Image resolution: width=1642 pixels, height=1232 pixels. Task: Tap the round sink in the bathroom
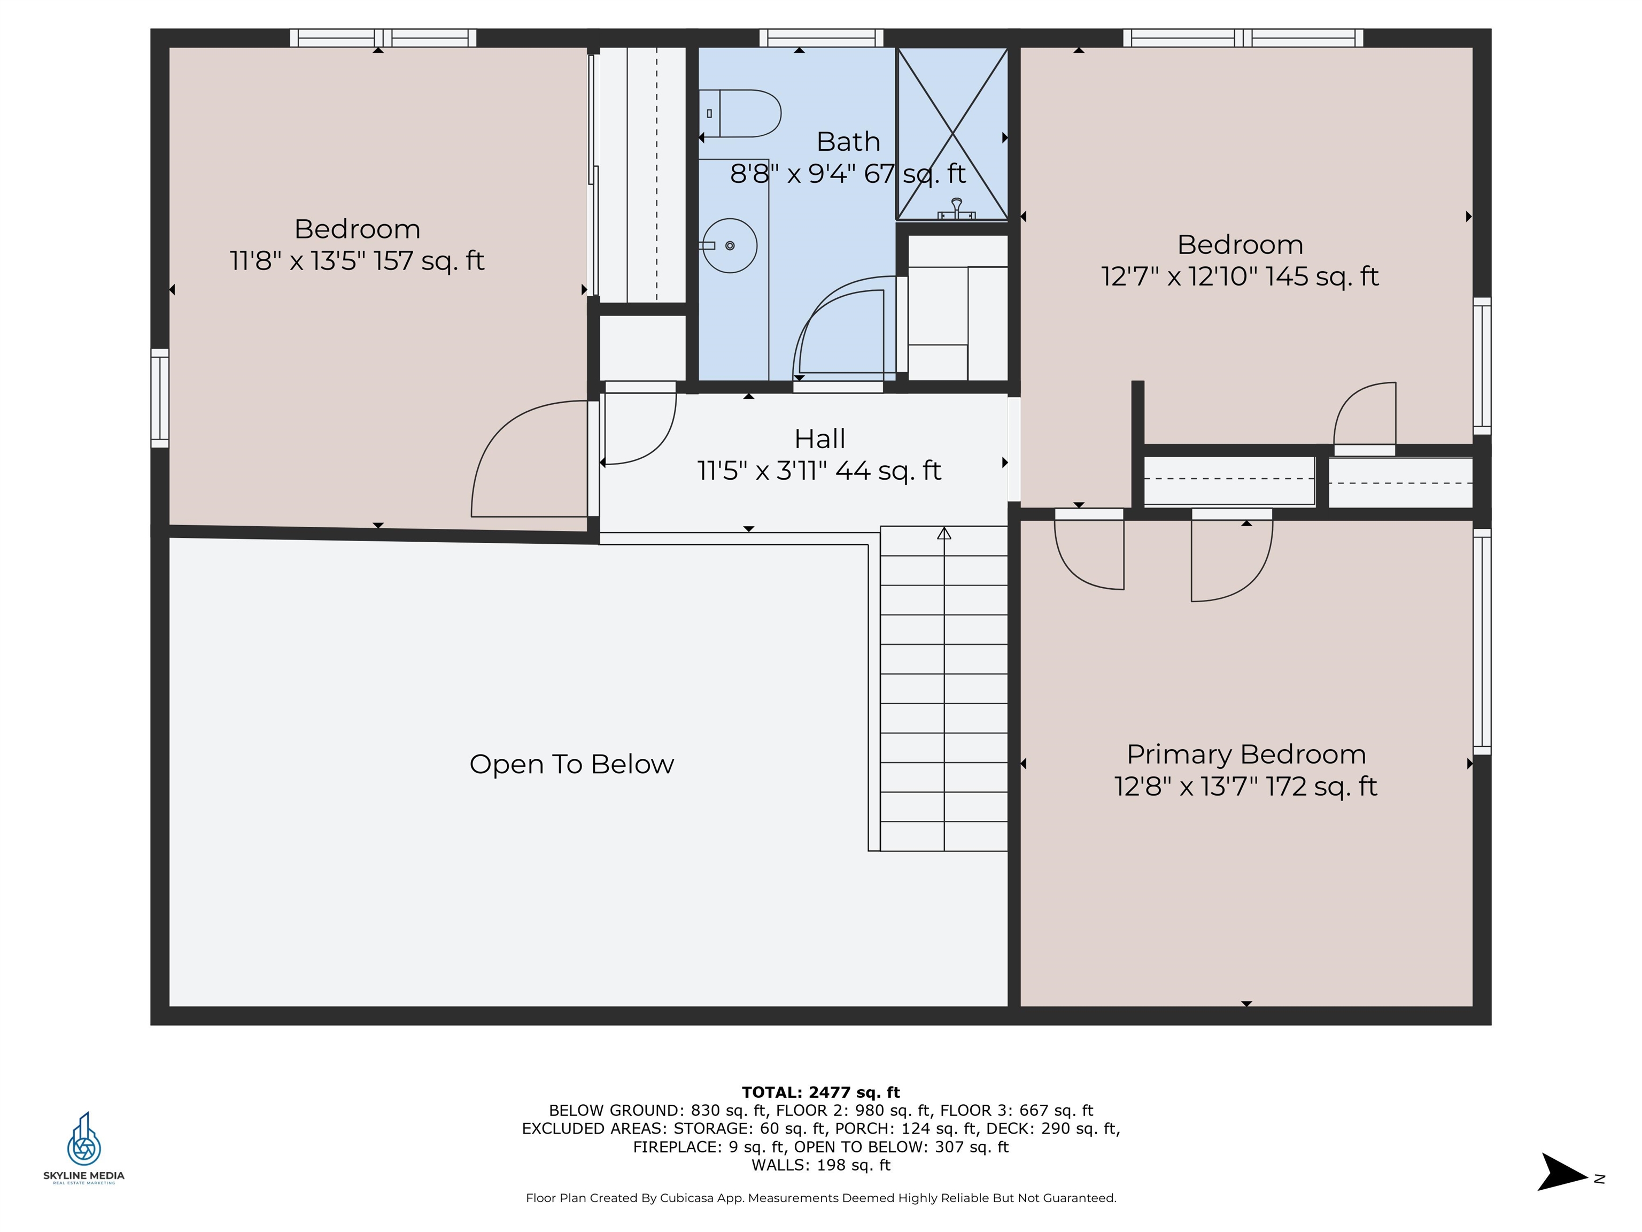click(730, 245)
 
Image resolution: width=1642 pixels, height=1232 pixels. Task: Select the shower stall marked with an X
click(952, 134)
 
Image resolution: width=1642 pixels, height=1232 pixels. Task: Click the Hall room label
click(819, 439)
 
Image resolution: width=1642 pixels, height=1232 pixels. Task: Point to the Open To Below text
click(571, 764)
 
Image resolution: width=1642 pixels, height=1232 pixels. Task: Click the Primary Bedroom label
click(1245, 754)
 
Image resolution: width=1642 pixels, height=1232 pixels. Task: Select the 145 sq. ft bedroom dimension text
click(1240, 277)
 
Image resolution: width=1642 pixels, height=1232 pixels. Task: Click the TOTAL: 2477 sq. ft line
click(820, 1092)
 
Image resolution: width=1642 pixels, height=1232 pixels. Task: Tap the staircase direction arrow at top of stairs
click(943, 533)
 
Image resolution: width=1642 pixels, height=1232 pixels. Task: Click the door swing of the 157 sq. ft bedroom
click(520, 460)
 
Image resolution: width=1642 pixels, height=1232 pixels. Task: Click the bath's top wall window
click(821, 38)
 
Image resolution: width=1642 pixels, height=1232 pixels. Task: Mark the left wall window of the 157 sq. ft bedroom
click(160, 398)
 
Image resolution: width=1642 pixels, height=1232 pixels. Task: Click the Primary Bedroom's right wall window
click(1482, 642)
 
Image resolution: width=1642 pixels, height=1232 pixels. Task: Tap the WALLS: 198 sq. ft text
click(820, 1165)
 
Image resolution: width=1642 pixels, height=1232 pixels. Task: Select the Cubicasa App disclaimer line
click(820, 1198)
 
